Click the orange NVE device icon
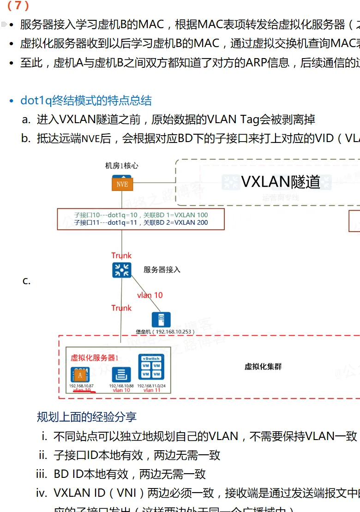[x=122, y=183]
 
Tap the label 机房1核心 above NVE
[x=122, y=166]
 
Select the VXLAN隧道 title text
[x=281, y=182]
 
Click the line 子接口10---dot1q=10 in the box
[x=141, y=215]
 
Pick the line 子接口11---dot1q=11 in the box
[x=141, y=223]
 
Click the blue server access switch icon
[x=122, y=270]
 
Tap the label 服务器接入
[x=162, y=270]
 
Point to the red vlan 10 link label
[x=150, y=295]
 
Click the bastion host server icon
[x=161, y=320]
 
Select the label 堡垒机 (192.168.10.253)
[x=165, y=332]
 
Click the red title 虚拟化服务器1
[x=95, y=357]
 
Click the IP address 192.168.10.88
[x=121, y=386]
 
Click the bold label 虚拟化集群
[x=263, y=367]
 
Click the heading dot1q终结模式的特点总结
[x=86, y=101]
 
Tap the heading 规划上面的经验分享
[x=87, y=417]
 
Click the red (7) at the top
[x=18, y=6]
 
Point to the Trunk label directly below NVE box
[x=121, y=256]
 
